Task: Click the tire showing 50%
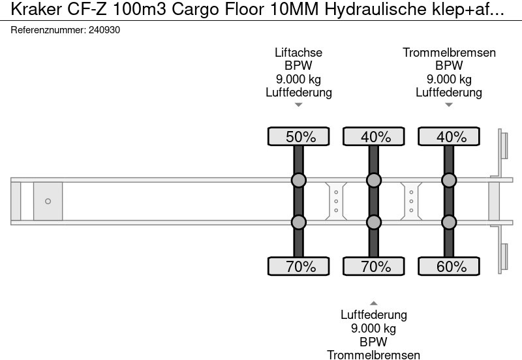(x=299, y=136)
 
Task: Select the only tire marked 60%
(x=449, y=266)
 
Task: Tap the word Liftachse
(x=299, y=53)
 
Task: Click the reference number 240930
(x=104, y=30)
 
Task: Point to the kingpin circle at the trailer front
(x=48, y=202)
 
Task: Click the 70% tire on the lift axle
(x=299, y=266)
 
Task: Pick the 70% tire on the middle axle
(x=373, y=266)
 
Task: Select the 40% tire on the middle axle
(x=373, y=136)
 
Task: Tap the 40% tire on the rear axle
(x=449, y=136)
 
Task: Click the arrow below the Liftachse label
(x=299, y=105)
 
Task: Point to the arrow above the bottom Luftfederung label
(x=373, y=303)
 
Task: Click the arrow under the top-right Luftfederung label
(x=449, y=105)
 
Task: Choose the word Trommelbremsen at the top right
(x=449, y=53)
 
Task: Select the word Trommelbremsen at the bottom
(x=373, y=355)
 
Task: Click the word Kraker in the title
(x=37, y=9)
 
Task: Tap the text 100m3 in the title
(x=140, y=9)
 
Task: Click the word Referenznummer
(x=48, y=30)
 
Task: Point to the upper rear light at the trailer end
(x=504, y=145)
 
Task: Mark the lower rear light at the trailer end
(x=504, y=257)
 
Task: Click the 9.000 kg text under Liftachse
(x=299, y=79)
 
